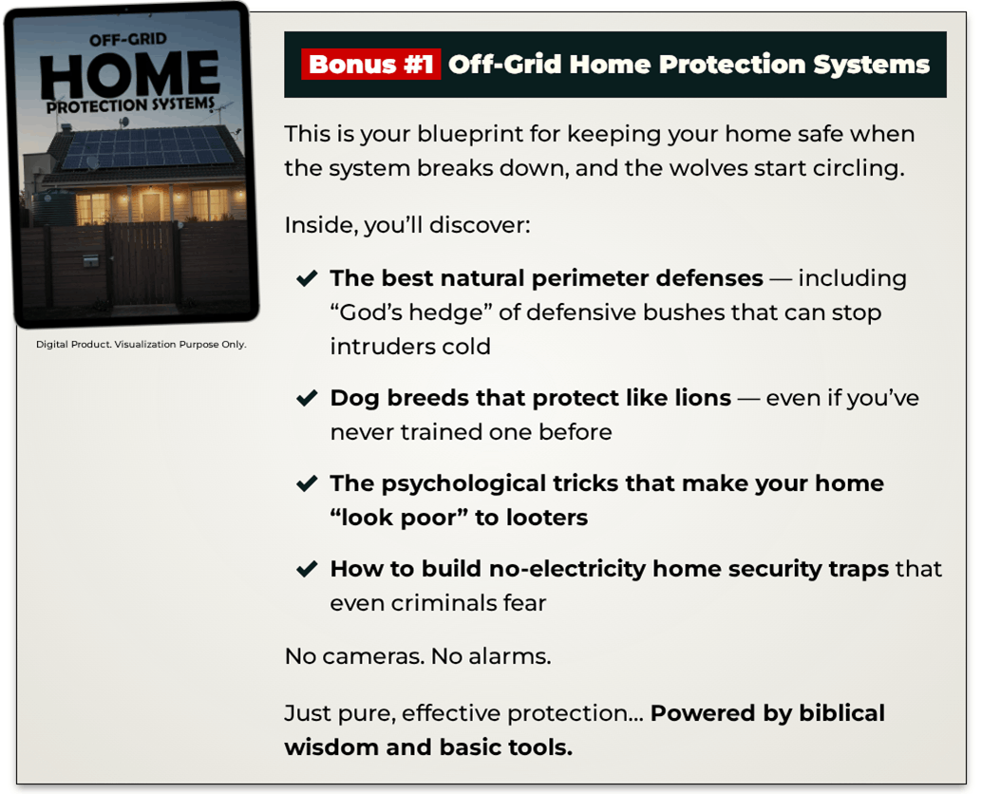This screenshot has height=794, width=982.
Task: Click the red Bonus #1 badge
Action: pyautogui.click(x=370, y=64)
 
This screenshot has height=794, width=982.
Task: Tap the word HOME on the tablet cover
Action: pyautogui.click(x=130, y=74)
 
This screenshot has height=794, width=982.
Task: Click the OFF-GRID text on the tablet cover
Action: pyautogui.click(x=128, y=40)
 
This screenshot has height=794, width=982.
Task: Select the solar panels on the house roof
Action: pyautogui.click(x=148, y=148)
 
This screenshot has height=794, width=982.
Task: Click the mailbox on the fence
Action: pyautogui.click(x=91, y=260)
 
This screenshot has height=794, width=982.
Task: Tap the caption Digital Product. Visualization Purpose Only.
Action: pyautogui.click(x=141, y=345)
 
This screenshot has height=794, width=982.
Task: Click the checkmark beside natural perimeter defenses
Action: pyautogui.click(x=307, y=278)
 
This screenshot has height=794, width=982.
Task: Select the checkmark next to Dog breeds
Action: pyautogui.click(x=307, y=398)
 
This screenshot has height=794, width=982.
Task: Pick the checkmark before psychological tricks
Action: pyautogui.click(x=307, y=483)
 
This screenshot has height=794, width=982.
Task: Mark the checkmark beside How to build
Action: pyautogui.click(x=307, y=569)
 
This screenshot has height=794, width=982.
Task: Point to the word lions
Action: pyautogui.click(x=703, y=398)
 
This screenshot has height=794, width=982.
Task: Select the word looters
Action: pyautogui.click(x=547, y=518)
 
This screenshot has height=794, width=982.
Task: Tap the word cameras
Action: pyautogui.click(x=374, y=657)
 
